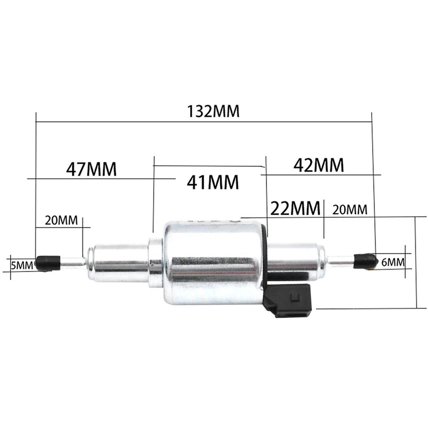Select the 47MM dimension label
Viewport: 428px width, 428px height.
coord(91,169)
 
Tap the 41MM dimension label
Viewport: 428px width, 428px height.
coord(213,182)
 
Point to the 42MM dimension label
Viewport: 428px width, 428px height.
coord(318,165)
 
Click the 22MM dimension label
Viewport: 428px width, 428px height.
coord(296,207)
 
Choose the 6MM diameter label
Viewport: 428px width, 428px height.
coord(393,262)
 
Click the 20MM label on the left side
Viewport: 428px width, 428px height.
coord(61,220)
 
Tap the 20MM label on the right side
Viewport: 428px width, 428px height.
coord(350,209)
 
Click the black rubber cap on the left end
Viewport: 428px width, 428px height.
coord(48,262)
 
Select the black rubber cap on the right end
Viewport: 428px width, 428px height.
coord(364,261)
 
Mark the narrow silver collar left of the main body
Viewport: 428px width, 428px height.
coord(155,262)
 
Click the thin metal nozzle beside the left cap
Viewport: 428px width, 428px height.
coord(73,263)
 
